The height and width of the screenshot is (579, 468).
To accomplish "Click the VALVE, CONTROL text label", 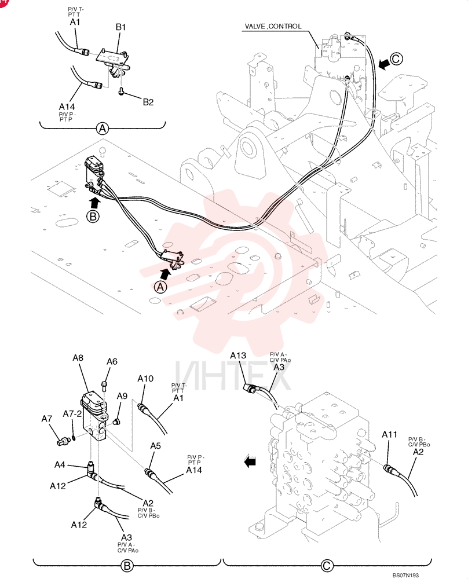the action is (x=273, y=26).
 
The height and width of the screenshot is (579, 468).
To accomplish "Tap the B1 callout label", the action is (x=121, y=27).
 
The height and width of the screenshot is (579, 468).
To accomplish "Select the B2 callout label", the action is (x=148, y=102).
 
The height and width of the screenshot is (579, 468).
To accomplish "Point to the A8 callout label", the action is (x=78, y=357).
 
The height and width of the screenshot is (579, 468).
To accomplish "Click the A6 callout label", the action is (x=112, y=361).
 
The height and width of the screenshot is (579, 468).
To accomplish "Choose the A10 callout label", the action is (x=145, y=379).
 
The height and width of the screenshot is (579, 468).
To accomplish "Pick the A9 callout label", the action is (x=122, y=396).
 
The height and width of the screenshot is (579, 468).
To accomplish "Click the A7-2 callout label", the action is (x=72, y=414).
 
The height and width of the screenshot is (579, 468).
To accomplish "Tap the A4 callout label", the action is (x=60, y=464).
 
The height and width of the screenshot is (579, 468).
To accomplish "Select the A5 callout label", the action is (x=155, y=446).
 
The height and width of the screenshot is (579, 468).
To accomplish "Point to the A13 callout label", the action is (x=238, y=356).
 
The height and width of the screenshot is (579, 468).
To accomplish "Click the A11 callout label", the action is (x=389, y=434).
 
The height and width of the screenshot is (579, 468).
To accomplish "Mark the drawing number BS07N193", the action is (x=405, y=576).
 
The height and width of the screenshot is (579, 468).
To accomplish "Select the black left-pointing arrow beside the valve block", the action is (x=250, y=461).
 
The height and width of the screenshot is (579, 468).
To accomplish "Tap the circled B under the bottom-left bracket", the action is (x=127, y=566).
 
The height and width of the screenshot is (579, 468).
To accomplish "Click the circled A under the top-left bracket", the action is (x=103, y=129).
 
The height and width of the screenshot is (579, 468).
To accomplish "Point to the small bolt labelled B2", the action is (x=121, y=91).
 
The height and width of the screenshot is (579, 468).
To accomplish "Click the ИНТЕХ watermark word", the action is (x=232, y=376).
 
